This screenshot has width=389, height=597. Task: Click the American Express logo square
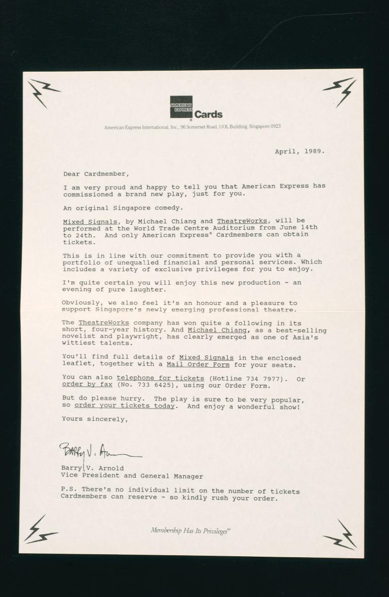[181, 107]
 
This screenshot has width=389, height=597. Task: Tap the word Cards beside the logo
[208, 115]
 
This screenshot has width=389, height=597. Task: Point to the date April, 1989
[299, 151]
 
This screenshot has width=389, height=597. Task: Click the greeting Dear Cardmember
[96, 174]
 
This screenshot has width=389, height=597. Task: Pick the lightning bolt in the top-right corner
[340, 91]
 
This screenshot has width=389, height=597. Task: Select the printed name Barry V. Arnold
[93, 468]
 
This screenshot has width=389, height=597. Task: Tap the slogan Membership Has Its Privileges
[190, 530]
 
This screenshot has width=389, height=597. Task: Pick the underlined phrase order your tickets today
[124, 406]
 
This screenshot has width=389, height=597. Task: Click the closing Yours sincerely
[95, 419]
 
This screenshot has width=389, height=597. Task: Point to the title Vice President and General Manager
[132, 476]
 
